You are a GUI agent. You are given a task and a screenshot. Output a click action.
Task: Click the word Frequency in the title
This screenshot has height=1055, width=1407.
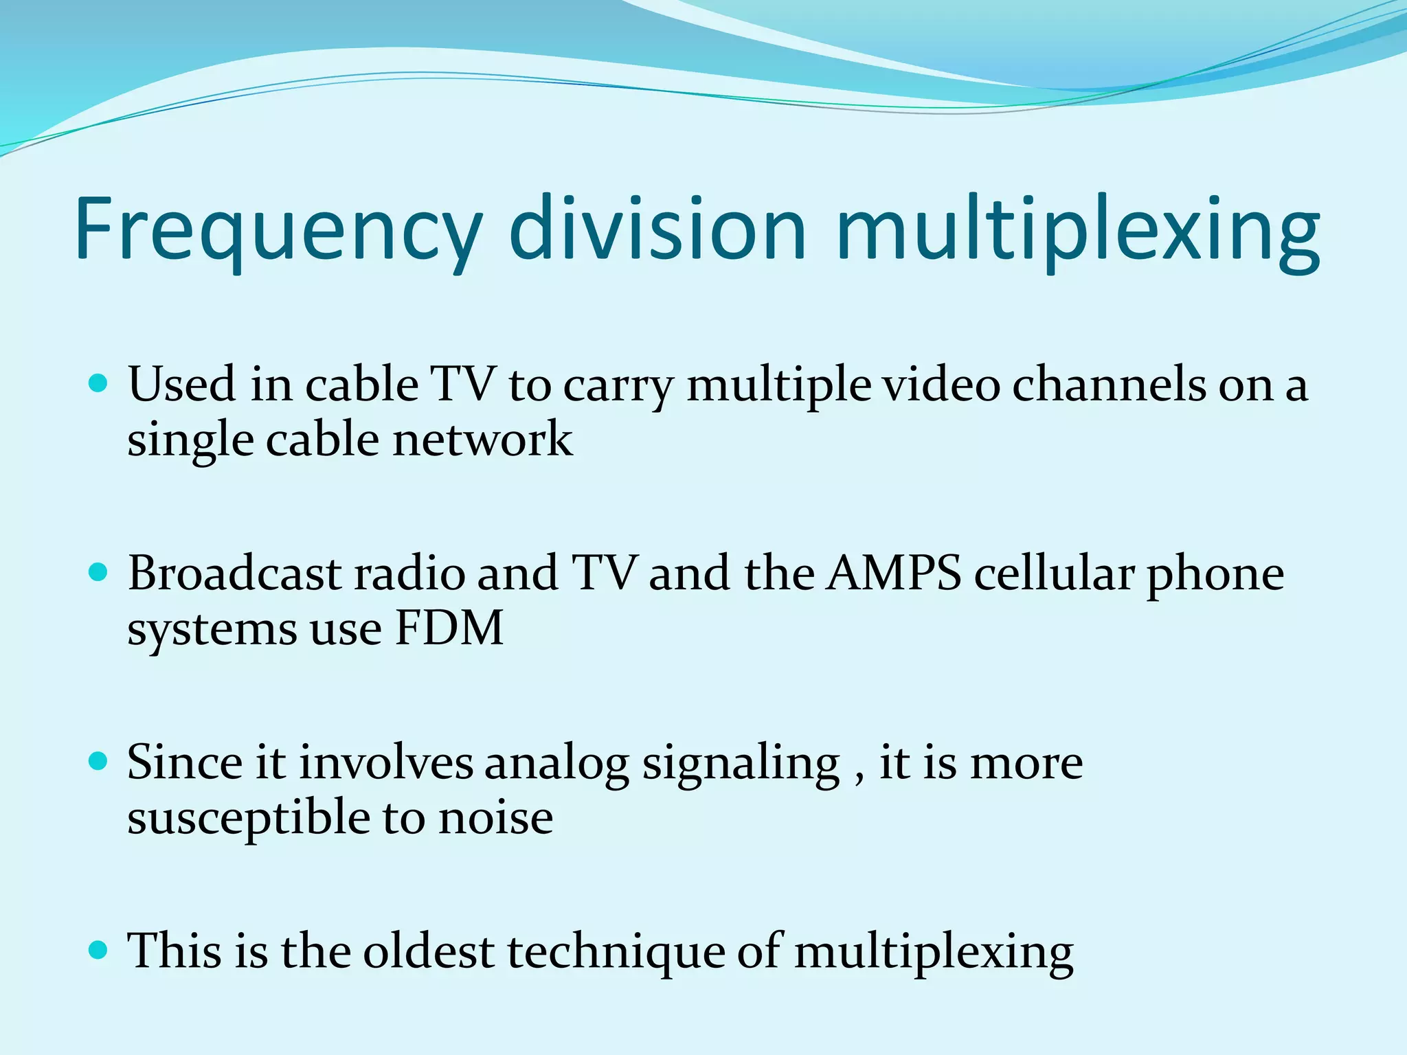278,230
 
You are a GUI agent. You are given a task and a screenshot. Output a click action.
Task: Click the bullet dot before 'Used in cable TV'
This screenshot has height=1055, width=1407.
99,383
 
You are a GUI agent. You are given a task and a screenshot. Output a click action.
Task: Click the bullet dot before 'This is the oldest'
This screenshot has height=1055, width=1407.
99,950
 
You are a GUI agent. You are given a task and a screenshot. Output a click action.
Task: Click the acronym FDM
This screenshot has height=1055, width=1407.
449,628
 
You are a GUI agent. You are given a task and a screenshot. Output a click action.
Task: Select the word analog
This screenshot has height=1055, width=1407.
556,764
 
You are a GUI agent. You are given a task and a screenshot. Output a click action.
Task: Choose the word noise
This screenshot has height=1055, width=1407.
495,818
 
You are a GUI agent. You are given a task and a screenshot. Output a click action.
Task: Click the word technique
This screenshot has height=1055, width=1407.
616,953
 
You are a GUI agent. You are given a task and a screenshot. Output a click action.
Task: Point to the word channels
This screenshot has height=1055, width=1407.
1108,384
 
